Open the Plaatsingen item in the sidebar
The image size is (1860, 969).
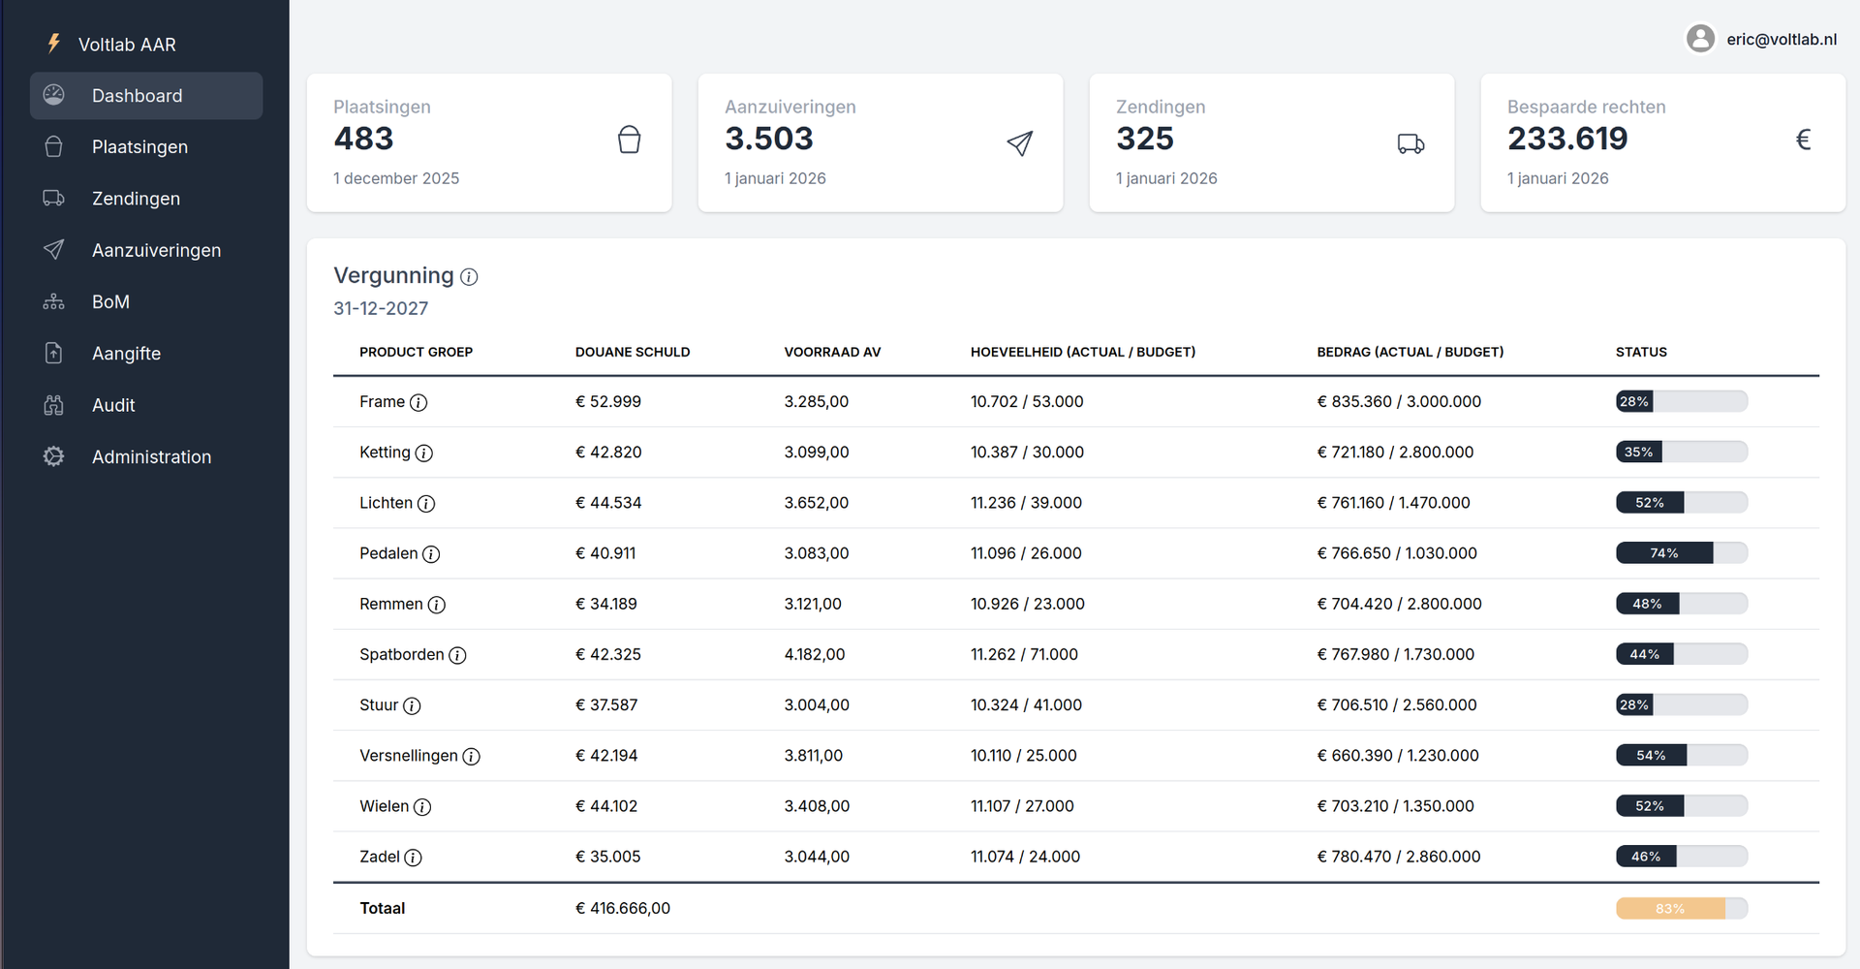pos(139,147)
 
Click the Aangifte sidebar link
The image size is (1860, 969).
pos(126,354)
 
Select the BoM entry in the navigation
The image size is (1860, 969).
pos(110,302)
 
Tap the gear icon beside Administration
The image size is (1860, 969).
pos(54,456)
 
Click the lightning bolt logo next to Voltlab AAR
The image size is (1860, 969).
pos(54,44)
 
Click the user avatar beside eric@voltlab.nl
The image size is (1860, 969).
pos(1700,39)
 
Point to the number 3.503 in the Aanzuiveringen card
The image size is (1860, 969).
pos(769,139)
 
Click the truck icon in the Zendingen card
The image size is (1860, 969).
pos(1410,144)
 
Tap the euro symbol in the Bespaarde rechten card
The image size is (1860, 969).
pos(1803,140)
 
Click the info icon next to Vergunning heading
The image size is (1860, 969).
pos(469,277)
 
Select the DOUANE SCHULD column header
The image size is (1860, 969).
pos(632,352)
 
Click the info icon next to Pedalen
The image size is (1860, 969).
pos(431,554)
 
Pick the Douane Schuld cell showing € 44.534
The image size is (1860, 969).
pos(608,503)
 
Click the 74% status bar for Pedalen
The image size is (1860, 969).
pos(1681,553)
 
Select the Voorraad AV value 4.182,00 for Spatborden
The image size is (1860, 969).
pos(814,655)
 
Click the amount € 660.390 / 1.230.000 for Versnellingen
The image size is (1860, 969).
pos(1397,756)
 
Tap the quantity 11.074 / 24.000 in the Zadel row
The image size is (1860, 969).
pos(1025,857)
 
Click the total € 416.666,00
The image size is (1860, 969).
pos(622,909)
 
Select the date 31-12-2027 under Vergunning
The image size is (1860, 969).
pos(381,308)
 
